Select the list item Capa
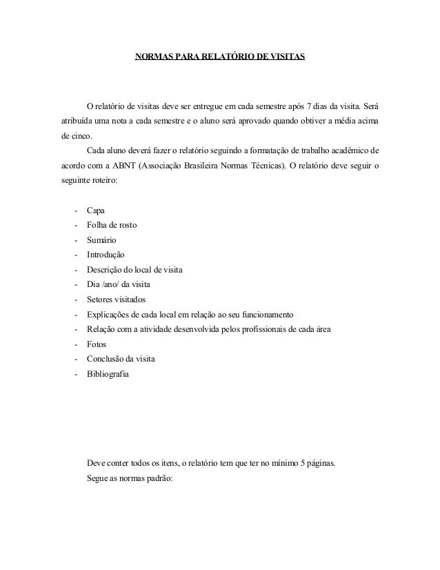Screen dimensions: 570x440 pyautogui.click(x=96, y=210)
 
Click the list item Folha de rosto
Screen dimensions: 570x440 pyautogui.click(x=110, y=225)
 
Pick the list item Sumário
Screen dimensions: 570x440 pyautogui.click(x=101, y=240)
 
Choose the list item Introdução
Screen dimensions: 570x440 pyautogui.click(x=106, y=255)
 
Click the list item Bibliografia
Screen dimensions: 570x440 pyautogui.click(x=107, y=375)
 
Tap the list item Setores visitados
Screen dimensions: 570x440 pyautogui.click(x=116, y=300)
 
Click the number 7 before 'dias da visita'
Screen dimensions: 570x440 pyautogui.click(x=310, y=106)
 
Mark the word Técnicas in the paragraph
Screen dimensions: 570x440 pyautogui.click(x=274, y=166)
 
